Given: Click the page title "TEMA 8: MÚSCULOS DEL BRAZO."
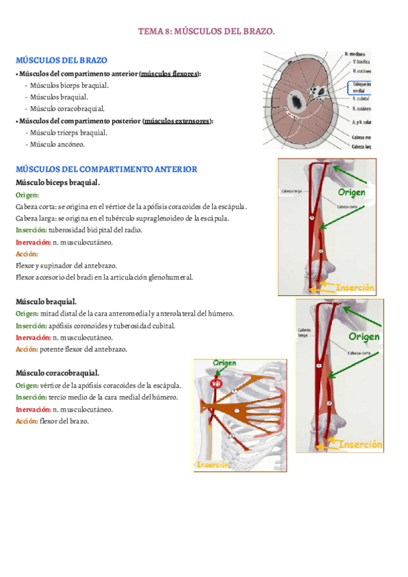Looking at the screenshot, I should tap(206, 31).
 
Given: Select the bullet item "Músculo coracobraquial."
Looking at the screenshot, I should tap(66, 109).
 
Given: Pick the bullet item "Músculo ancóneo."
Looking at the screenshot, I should tap(56, 144).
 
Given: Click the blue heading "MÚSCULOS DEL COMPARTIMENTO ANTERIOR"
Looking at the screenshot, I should tap(106, 169).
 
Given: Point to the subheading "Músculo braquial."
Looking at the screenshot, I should tap(46, 301).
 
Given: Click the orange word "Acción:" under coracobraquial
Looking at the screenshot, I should tap(27, 421).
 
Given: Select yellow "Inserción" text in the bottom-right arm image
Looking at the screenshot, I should tap(360, 444).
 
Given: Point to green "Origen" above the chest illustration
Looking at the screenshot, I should tap(224, 363).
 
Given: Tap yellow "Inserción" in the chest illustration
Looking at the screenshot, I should tap(213, 465).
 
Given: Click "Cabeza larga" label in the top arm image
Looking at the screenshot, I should tap(291, 191).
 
